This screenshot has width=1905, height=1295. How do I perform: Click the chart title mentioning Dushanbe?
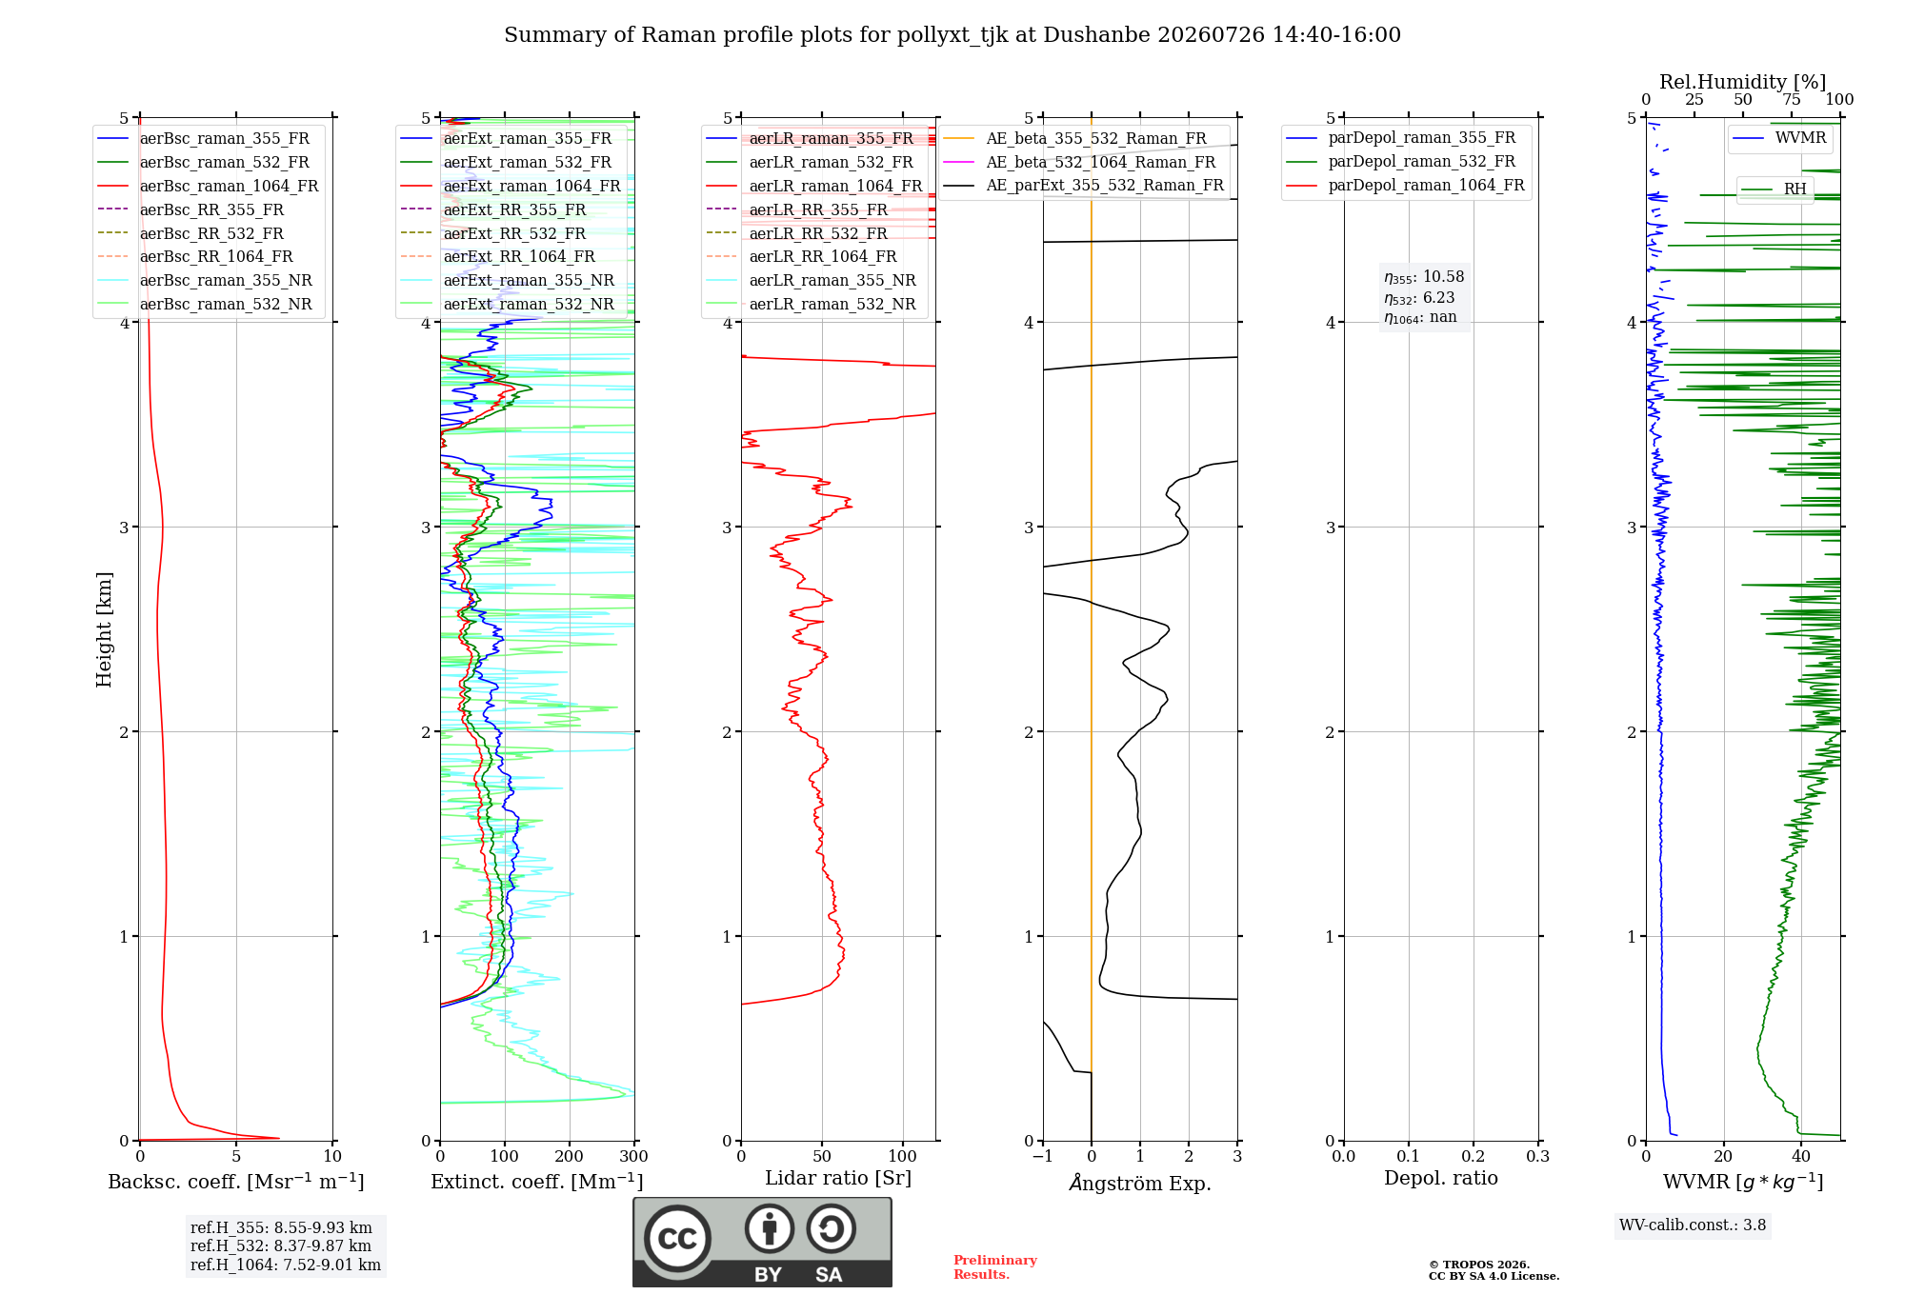[952, 35]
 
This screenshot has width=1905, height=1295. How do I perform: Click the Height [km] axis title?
[104, 629]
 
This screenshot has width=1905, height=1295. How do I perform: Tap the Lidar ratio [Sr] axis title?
[838, 1178]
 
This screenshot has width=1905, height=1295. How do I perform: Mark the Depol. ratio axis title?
[1441, 1178]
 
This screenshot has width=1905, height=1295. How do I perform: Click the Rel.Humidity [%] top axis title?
[1743, 82]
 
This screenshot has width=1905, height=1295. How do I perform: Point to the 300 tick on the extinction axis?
[633, 1157]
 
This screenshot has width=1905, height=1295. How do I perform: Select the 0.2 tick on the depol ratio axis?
[1474, 1157]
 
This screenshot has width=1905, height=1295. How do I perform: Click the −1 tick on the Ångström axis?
[1042, 1157]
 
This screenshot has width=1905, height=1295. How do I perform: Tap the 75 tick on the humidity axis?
[1792, 100]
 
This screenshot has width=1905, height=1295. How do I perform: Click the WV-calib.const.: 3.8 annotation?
[1693, 1225]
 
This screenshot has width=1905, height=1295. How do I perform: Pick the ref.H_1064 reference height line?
[286, 1265]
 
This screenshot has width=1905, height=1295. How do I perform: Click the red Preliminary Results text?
[995, 1267]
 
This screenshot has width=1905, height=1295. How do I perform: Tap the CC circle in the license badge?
[677, 1239]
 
